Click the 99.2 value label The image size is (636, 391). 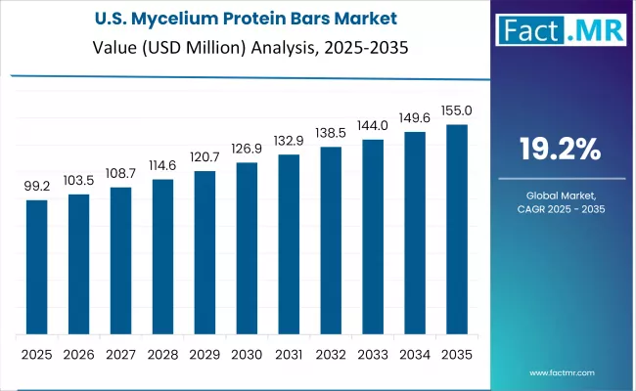[36, 186]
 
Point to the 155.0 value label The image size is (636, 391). [457, 110]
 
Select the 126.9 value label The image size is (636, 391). [247, 149]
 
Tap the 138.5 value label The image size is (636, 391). [331, 133]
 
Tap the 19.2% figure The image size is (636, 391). [561, 150]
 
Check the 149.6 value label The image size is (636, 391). [415, 118]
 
